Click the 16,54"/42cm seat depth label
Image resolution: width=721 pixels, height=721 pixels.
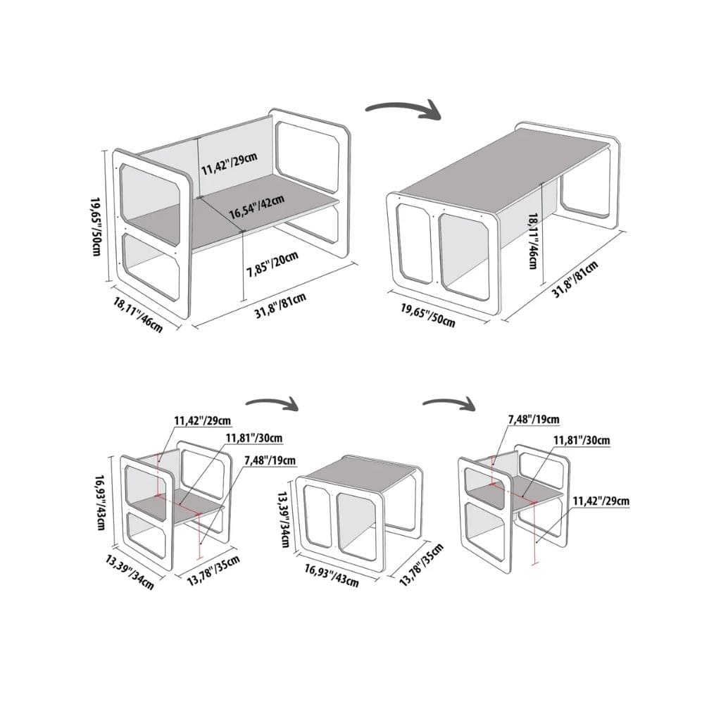[x=256, y=208]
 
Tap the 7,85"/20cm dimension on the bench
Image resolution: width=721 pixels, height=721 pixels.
[x=272, y=264]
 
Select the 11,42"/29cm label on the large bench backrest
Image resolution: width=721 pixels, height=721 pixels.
[x=230, y=163]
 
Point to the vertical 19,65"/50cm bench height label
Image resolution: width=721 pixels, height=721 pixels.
[x=96, y=227]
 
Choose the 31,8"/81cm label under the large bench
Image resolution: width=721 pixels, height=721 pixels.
[x=280, y=306]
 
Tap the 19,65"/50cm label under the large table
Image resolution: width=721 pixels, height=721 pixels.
[x=427, y=315]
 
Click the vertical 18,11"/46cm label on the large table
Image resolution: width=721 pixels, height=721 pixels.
[x=533, y=241]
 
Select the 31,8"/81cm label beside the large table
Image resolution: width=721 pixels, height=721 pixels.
[x=575, y=280]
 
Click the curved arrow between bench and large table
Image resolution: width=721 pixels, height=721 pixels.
[x=403, y=110]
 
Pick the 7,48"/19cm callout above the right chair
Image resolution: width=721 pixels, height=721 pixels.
[x=534, y=420]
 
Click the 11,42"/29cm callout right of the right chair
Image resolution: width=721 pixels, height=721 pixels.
[x=601, y=501]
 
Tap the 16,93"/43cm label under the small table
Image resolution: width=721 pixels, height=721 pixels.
[x=331, y=575]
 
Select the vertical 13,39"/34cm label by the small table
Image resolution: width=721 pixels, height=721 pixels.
[x=283, y=519]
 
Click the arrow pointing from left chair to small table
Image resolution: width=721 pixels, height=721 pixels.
[x=272, y=404]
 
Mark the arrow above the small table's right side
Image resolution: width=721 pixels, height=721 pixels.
[x=449, y=403]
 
